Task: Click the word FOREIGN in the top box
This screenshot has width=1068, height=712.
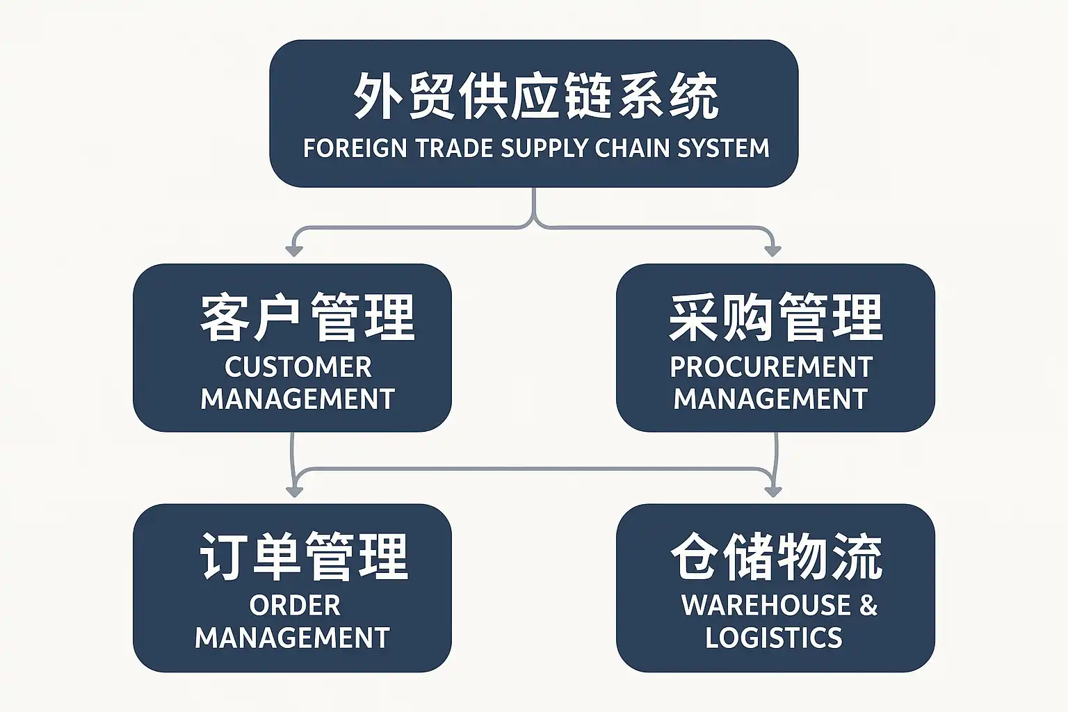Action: click(x=355, y=148)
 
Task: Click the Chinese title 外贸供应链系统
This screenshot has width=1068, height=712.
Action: click(x=535, y=96)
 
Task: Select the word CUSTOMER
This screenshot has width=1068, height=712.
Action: click(x=298, y=367)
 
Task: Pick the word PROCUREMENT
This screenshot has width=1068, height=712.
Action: click(x=771, y=367)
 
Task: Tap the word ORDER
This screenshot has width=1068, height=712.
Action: click(x=295, y=606)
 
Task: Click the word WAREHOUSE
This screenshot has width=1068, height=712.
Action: click(x=766, y=606)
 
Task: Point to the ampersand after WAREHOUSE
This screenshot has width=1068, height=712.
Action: click(x=868, y=606)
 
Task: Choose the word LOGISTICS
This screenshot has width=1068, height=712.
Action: click(x=773, y=638)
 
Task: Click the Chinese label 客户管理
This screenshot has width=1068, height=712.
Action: click(x=307, y=317)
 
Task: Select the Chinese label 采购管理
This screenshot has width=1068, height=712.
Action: click(x=775, y=317)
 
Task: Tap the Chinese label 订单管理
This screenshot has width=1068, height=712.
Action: click(x=304, y=556)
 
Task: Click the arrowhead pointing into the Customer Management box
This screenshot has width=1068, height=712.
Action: click(x=294, y=250)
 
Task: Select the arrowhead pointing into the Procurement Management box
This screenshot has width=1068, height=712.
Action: click(x=772, y=250)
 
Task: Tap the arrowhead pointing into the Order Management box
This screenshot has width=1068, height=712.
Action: click(x=294, y=491)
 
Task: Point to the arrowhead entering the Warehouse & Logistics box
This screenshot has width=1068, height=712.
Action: click(x=773, y=491)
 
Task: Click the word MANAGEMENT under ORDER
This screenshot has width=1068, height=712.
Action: click(x=292, y=638)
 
